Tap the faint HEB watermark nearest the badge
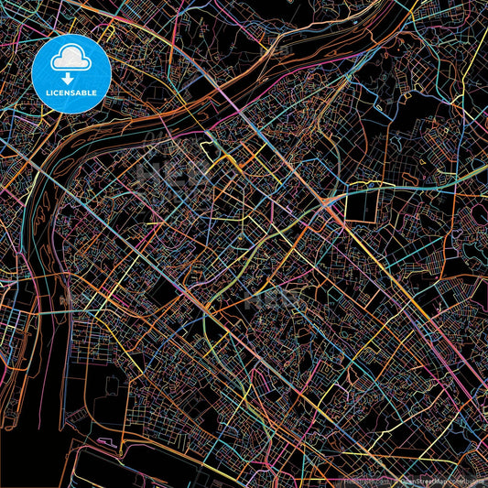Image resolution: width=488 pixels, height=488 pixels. tap(174, 174)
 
